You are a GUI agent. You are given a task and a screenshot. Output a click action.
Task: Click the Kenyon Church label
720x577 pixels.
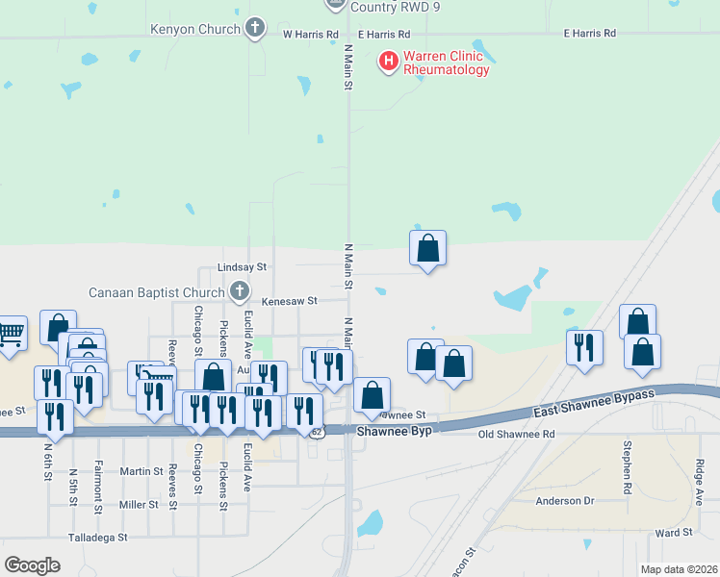point(195,29)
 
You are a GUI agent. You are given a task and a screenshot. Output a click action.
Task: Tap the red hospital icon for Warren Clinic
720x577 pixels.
point(389,63)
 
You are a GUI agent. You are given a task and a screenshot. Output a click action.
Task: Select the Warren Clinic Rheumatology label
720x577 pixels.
point(447,63)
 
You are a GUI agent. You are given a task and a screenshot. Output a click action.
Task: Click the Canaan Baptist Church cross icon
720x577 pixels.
point(239,290)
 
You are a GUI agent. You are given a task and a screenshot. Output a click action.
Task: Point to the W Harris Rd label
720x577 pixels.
point(311,34)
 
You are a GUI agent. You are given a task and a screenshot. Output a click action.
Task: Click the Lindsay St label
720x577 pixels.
point(242,266)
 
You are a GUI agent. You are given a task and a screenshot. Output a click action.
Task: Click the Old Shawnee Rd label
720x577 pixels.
point(517,435)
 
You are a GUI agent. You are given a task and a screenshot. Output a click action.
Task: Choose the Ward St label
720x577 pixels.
point(673,533)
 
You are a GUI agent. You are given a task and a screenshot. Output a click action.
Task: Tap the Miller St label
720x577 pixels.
point(139,504)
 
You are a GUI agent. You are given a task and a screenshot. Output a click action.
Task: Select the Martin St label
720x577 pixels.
point(141,471)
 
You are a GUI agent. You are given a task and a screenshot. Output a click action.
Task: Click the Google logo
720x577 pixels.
point(32,565)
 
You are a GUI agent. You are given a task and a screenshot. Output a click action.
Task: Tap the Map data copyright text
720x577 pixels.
point(679,569)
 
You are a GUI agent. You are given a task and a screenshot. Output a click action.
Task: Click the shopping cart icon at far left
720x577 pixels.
point(11,335)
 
